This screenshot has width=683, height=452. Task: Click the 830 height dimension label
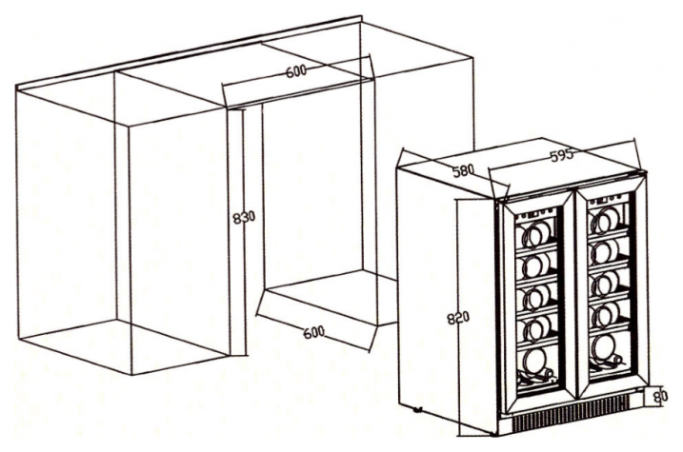(x=244, y=218)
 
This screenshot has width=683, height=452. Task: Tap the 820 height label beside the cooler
(x=458, y=319)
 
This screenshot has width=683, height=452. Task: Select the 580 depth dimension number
(x=463, y=170)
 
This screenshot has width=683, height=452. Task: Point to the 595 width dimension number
(x=562, y=156)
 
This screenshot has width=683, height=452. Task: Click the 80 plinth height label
(x=661, y=396)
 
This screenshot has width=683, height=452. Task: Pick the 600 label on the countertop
(x=296, y=71)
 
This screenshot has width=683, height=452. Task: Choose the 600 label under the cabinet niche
(x=314, y=332)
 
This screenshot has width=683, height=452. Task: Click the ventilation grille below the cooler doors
(x=571, y=418)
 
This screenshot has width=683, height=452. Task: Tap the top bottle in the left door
(x=533, y=234)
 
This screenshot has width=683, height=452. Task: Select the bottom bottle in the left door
(x=535, y=364)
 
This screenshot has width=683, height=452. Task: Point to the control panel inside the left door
(x=532, y=214)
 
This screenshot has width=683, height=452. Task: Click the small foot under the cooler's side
(x=417, y=409)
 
